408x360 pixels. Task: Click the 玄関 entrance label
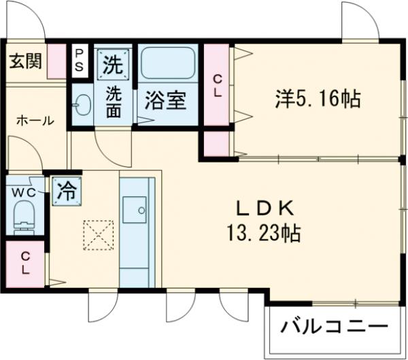point(25,61)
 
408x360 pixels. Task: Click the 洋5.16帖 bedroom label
point(317,100)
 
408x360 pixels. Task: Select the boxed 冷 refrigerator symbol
point(67,190)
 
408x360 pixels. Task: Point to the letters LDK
point(265,208)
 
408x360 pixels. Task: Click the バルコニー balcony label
point(335,327)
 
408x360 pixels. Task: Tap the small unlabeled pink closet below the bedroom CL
point(217,143)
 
